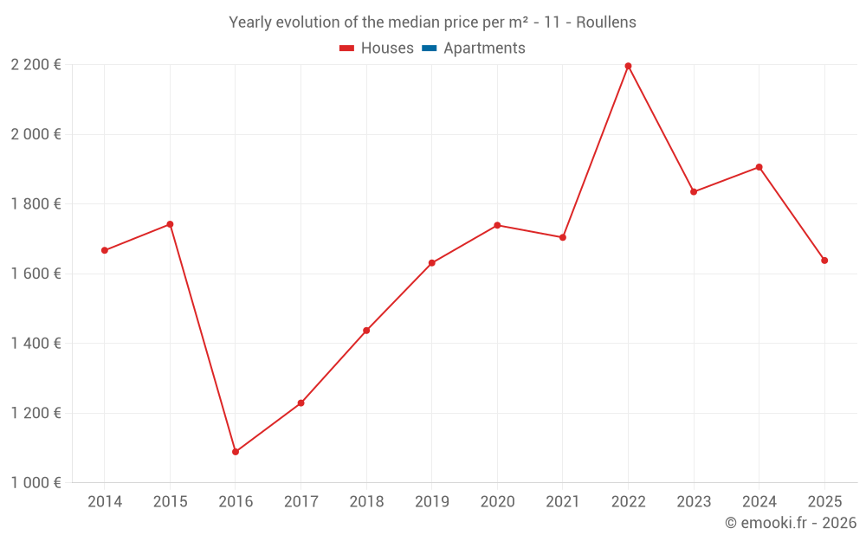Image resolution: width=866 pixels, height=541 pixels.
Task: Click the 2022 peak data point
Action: click(628, 66)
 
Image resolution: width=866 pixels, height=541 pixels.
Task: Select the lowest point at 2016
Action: click(236, 452)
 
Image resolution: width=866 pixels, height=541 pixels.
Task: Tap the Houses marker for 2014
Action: click(105, 250)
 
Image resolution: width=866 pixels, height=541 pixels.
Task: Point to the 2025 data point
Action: click(824, 261)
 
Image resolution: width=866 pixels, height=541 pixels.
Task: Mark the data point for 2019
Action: click(432, 263)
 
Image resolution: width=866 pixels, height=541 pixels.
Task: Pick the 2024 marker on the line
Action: click(759, 167)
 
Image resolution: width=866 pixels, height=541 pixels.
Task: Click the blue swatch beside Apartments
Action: click(429, 48)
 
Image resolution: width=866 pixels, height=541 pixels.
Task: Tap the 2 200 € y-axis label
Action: click(36, 65)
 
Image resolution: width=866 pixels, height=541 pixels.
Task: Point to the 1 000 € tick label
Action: click(36, 483)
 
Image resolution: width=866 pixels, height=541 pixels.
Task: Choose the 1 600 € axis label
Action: click(36, 274)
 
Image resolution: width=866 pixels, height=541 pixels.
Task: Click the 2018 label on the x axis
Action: click(366, 502)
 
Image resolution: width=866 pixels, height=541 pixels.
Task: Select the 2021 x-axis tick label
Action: click(563, 502)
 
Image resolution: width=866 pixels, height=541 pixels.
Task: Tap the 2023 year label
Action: click(694, 502)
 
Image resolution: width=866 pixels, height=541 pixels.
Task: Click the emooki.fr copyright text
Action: click(791, 523)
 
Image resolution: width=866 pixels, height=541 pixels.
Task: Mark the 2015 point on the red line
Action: click(170, 224)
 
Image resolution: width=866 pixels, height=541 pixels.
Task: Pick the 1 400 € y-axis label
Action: click(36, 344)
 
